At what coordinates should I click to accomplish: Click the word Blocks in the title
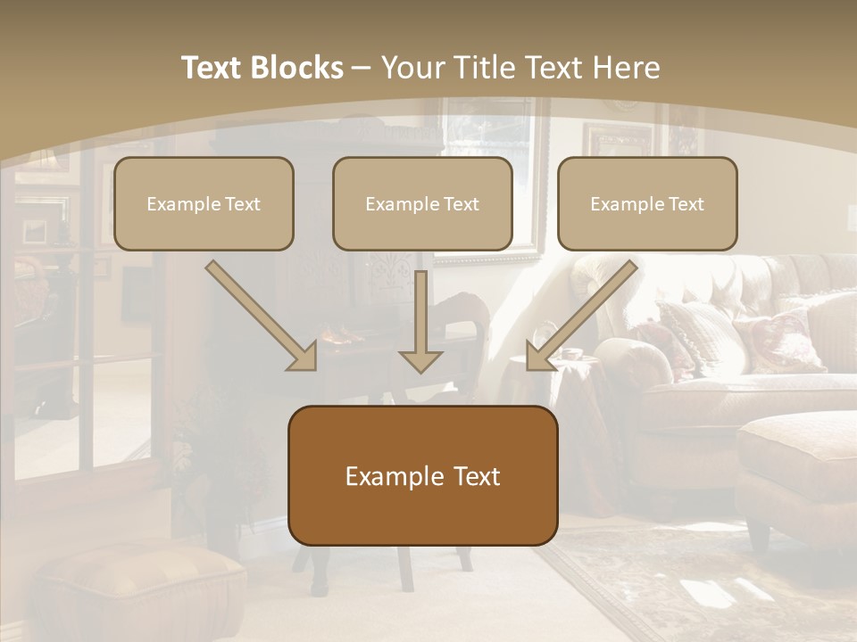pyautogui.click(x=297, y=68)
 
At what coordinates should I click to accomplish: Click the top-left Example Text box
pyautogui.click(x=204, y=203)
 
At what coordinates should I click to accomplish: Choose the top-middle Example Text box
pyautogui.click(x=422, y=203)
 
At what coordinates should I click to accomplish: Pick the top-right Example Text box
pyautogui.click(x=647, y=203)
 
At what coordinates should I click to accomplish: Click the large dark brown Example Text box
pyautogui.click(x=422, y=475)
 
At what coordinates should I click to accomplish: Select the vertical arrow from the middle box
pyautogui.click(x=420, y=321)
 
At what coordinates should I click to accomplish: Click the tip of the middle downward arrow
pyautogui.click(x=420, y=369)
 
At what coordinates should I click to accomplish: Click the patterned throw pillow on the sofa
pyautogui.click(x=777, y=339)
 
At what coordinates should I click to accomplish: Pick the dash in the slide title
pyautogui.click(x=362, y=68)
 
